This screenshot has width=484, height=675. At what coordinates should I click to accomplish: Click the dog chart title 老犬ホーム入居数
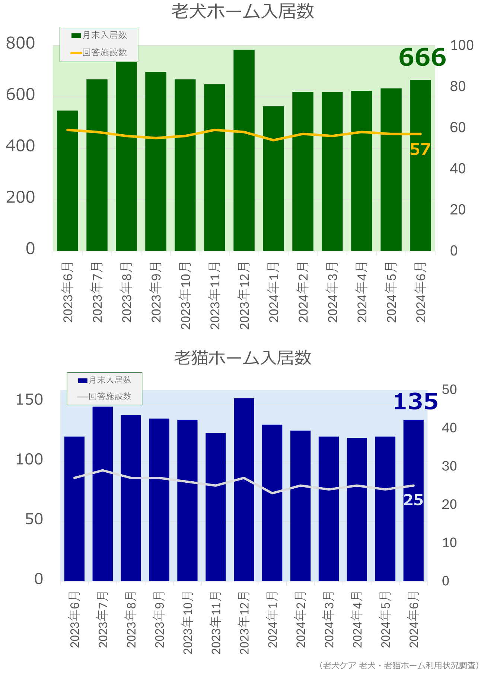242,12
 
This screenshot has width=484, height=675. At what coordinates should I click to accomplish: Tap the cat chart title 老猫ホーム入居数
242,358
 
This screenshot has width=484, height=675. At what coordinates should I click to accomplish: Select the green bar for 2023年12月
244,150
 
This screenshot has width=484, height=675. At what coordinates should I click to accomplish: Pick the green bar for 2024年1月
273,179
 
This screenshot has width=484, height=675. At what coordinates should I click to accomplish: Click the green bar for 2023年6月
67,181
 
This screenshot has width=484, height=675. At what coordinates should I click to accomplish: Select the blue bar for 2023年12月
244,489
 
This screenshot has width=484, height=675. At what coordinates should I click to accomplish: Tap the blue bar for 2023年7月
103,494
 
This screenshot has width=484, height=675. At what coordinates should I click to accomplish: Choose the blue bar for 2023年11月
216,507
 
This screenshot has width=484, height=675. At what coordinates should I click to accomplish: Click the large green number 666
422,58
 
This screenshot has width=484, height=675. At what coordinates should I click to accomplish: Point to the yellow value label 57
420,150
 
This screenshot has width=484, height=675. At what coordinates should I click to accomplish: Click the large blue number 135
415,402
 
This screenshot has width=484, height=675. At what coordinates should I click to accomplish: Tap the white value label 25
413,500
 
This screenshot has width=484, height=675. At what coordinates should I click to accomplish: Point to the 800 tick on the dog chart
20,43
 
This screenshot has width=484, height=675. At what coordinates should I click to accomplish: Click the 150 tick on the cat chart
29,400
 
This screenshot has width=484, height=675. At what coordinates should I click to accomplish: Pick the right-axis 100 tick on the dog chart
462,45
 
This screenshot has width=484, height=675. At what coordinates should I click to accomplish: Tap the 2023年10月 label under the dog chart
185,296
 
